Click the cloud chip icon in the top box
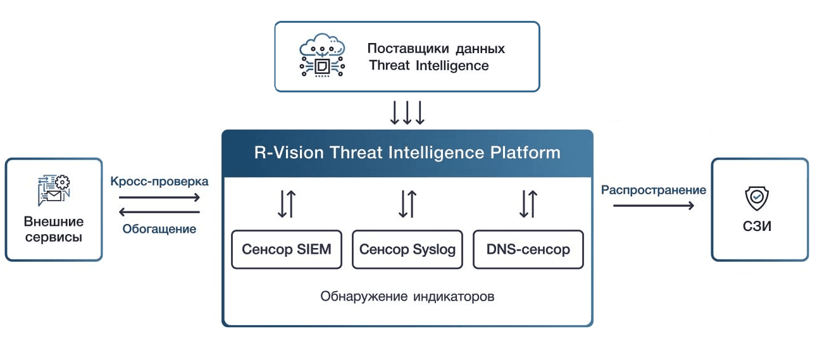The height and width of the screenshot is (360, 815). pos(322,57)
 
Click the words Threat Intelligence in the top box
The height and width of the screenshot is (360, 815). pos(429,66)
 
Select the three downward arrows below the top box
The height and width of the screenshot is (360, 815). pos(407,113)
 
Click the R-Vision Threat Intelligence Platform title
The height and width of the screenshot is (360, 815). pos(407,153)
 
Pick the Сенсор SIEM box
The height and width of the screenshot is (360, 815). pos(287,249)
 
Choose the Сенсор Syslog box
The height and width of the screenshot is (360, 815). pos(407,249)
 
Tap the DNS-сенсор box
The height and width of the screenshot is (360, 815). pos(528,249)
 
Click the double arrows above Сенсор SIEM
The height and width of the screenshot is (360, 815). pos(287,204)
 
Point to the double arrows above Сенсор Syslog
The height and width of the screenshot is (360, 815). pos(407,204)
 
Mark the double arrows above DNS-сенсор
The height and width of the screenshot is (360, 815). pos(528,204)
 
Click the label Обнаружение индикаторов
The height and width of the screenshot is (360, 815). pos(407,296)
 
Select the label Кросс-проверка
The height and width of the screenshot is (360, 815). pos(159,181)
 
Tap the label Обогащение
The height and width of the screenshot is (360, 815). pos(159,228)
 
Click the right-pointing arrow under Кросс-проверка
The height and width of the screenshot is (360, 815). pos(159,197)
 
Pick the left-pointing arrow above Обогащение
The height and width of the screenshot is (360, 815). pos(159,213)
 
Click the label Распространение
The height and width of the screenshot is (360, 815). pos(654,190)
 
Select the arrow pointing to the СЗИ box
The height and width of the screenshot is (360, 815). pos(654,206)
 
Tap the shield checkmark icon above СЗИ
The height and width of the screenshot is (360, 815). pos(757,199)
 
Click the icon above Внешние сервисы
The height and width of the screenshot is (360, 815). pos(54,190)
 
